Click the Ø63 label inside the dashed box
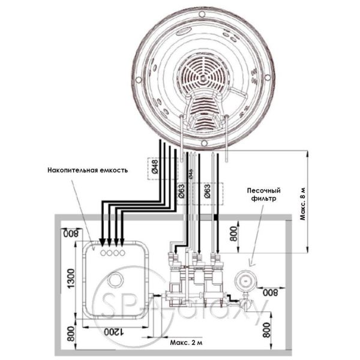(x=207, y=193)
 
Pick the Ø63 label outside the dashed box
(x=181, y=193)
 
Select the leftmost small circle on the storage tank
(x=103, y=254)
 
